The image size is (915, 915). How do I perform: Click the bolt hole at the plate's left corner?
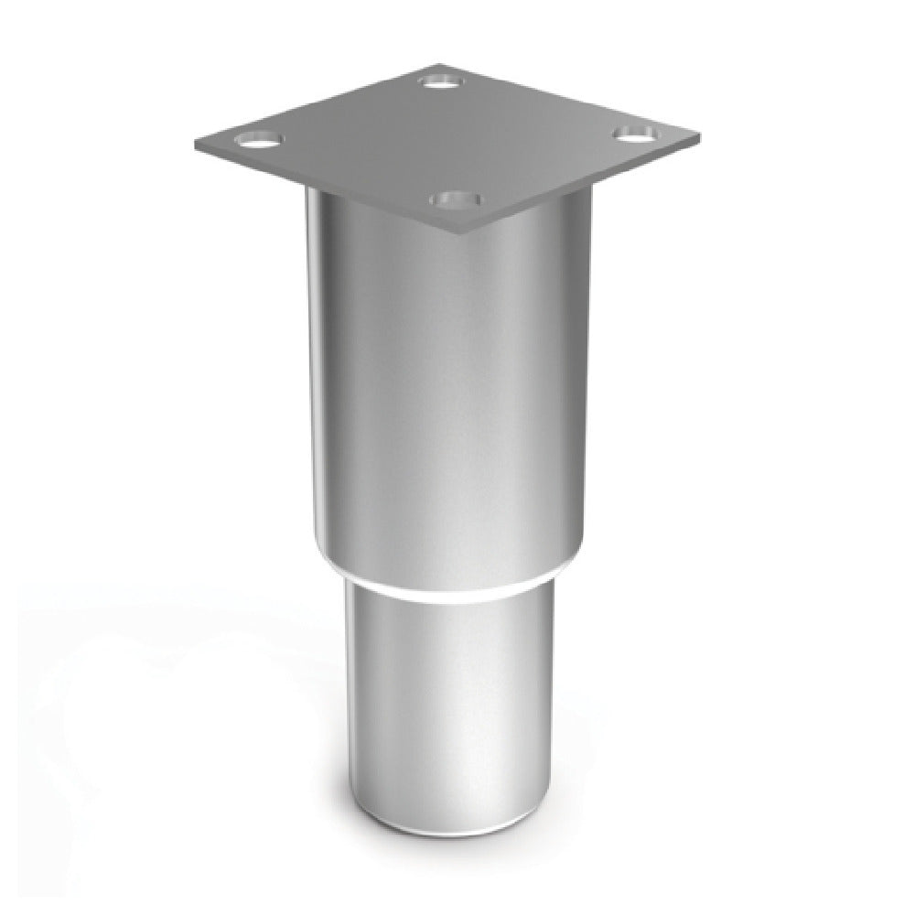[259, 142]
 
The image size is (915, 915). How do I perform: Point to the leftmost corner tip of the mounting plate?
[194, 144]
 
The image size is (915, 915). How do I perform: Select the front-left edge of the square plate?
[325, 190]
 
